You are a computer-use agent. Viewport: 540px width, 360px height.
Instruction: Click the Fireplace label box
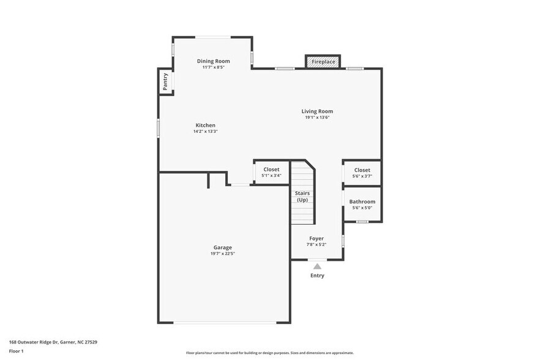point(323,62)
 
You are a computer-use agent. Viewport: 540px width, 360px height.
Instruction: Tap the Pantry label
point(165,81)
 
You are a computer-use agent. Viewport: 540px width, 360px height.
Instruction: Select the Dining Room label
point(213,61)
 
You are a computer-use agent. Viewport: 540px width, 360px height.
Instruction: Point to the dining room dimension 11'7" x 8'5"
point(213,67)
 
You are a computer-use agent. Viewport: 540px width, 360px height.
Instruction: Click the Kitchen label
point(205,125)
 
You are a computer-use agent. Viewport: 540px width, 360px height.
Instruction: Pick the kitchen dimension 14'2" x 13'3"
point(205,131)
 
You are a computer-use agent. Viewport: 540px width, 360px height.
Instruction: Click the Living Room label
point(317,111)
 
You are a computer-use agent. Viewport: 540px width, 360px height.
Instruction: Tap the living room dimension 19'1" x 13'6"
point(317,117)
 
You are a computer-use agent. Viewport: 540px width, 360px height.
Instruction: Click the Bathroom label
point(362,201)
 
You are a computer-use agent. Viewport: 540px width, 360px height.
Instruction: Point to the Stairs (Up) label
point(302,197)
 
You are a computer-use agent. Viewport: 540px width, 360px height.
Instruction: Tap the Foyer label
point(317,238)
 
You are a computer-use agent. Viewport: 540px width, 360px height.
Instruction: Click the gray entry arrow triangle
point(317,266)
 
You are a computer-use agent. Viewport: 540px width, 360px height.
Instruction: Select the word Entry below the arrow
point(317,276)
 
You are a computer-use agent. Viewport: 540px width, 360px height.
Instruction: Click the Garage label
point(222,247)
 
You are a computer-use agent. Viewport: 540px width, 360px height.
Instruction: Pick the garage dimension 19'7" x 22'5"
point(222,253)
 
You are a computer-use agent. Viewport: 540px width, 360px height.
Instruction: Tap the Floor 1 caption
point(16,351)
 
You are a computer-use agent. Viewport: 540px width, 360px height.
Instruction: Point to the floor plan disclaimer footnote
point(269,353)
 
